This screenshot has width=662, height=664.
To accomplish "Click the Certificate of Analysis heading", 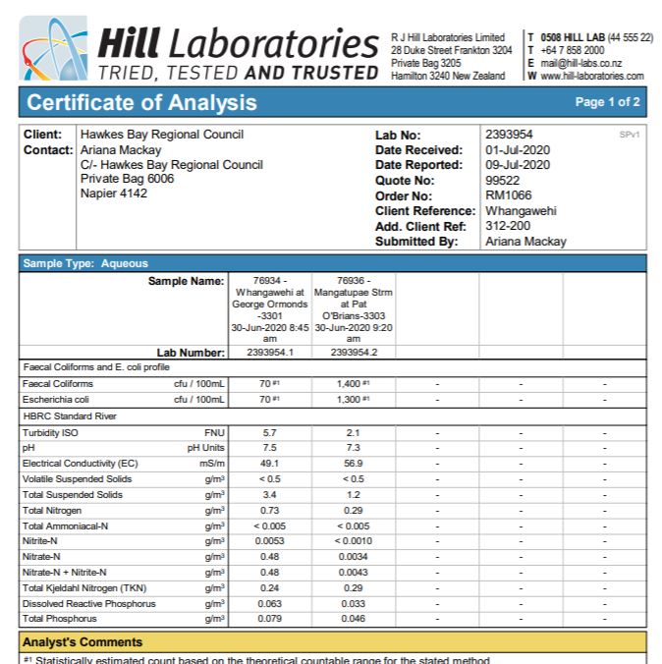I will tap(141, 102).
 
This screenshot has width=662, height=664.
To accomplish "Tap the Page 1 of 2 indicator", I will tap(608, 102).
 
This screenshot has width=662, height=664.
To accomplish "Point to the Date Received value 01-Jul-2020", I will tap(518, 149).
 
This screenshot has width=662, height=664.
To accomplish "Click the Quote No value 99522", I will tap(502, 180).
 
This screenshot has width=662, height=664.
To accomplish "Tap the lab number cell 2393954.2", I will tap(354, 352).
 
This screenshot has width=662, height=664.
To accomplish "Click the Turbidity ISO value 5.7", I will tap(270, 431).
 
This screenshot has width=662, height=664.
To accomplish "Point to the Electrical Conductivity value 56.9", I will tap(353, 463).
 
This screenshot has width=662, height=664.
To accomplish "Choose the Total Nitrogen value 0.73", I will tap(270, 510).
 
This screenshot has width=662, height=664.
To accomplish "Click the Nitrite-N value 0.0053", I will tap(270, 541).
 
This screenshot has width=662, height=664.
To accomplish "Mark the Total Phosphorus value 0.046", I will tap(353, 619).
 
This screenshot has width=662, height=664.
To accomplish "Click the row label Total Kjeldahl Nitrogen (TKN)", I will tap(84, 587).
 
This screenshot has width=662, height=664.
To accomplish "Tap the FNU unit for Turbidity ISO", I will tap(214, 431).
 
